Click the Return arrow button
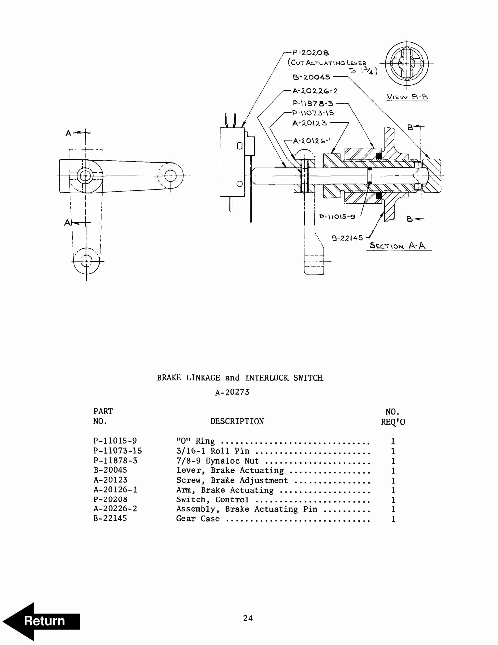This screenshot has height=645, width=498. [x=41, y=621]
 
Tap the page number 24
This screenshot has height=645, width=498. [x=248, y=618]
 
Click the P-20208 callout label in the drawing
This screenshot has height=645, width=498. [x=310, y=53]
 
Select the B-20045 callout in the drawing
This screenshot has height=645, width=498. [x=311, y=77]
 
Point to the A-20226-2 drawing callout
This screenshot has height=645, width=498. [x=315, y=91]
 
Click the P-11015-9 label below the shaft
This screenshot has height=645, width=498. [x=337, y=217]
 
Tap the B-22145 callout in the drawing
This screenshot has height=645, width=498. [x=347, y=238]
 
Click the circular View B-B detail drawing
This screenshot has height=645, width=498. [x=406, y=64]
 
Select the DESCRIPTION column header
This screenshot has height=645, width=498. [x=237, y=421]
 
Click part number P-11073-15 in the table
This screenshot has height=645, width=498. [x=117, y=451]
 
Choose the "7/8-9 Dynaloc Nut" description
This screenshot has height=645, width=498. [x=217, y=461]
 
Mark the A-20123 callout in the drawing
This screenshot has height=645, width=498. [x=309, y=123]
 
